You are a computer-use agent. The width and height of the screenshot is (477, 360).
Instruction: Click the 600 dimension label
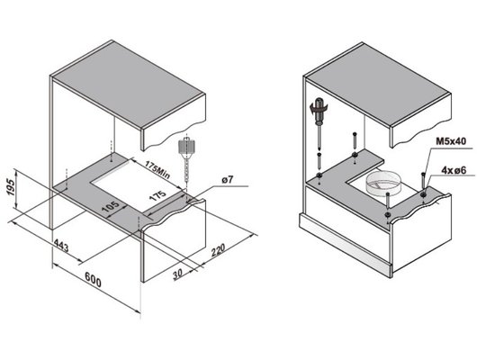point(93,280)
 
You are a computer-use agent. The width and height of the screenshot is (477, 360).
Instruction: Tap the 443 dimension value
point(61,246)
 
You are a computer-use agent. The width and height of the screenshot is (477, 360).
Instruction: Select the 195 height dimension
point(10,187)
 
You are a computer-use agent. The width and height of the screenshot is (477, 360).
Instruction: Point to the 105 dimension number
point(110,207)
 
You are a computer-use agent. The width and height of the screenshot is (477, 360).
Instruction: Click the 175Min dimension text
point(157,170)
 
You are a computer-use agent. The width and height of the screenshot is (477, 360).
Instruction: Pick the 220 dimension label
point(218,249)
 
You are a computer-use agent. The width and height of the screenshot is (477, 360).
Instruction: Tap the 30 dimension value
point(177,274)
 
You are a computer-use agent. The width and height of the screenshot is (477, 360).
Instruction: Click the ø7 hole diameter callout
point(227,179)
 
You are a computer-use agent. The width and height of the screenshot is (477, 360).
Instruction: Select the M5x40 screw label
point(451,141)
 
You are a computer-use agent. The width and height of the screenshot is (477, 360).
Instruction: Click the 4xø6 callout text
point(454,170)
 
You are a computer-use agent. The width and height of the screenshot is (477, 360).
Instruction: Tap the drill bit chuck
point(185,147)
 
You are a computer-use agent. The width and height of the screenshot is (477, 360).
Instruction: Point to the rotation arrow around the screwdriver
point(319,108)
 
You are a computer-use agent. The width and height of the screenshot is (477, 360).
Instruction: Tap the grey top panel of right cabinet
point(377,84)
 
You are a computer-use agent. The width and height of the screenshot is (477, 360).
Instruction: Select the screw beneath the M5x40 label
point(423,182)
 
